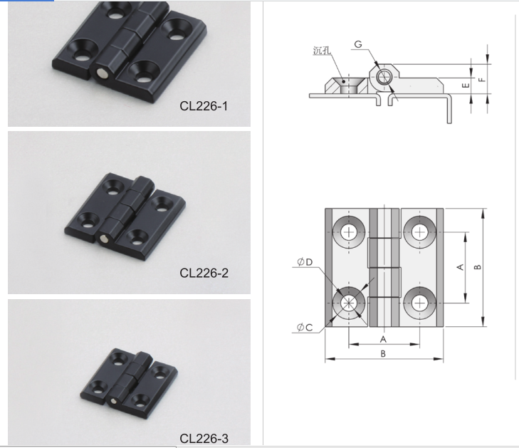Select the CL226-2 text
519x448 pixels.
click(x=204, y=273)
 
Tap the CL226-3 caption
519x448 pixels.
click(x=204, y=438)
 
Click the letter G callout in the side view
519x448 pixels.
click(x=357, y=45)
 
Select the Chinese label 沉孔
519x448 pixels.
click(x=322, y=51)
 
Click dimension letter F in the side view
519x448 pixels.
click(x=482, y=79)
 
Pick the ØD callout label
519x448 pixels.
click(x=305, y=263)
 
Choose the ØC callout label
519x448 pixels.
click(x=305, y=327)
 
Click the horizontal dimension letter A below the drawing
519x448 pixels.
click(x=382, y=339)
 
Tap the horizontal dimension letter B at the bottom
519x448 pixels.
click(x=382, y=353)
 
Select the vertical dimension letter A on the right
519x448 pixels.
click(x=460, y=267)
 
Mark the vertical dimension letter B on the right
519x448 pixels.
click(x=478, y=267)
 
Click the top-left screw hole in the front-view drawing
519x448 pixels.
click(x=349, y=231)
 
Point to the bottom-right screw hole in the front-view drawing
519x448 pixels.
click(x=418, y=303)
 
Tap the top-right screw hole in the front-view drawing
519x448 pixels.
click(x=418, y=231)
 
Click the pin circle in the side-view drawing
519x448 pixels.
click(x=384, y=76)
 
